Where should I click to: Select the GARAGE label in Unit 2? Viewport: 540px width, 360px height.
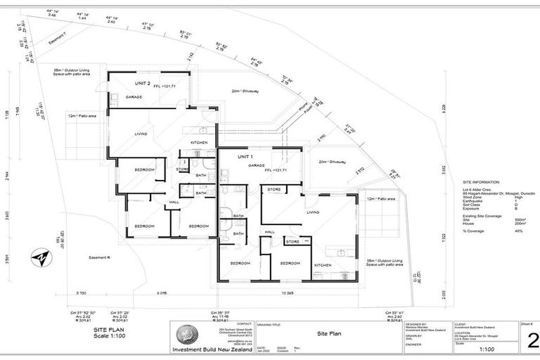pos(134,97)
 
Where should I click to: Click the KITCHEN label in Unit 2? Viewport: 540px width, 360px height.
pos(198,143)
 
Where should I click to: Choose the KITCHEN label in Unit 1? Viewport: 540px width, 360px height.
pos(322,264)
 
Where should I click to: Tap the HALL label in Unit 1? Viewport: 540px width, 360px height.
pos(269,231)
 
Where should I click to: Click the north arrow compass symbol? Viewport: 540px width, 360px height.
pos(40,259)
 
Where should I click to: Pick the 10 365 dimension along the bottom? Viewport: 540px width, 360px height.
pos(288,292)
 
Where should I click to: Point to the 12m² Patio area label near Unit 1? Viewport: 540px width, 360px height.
pos(381,199)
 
